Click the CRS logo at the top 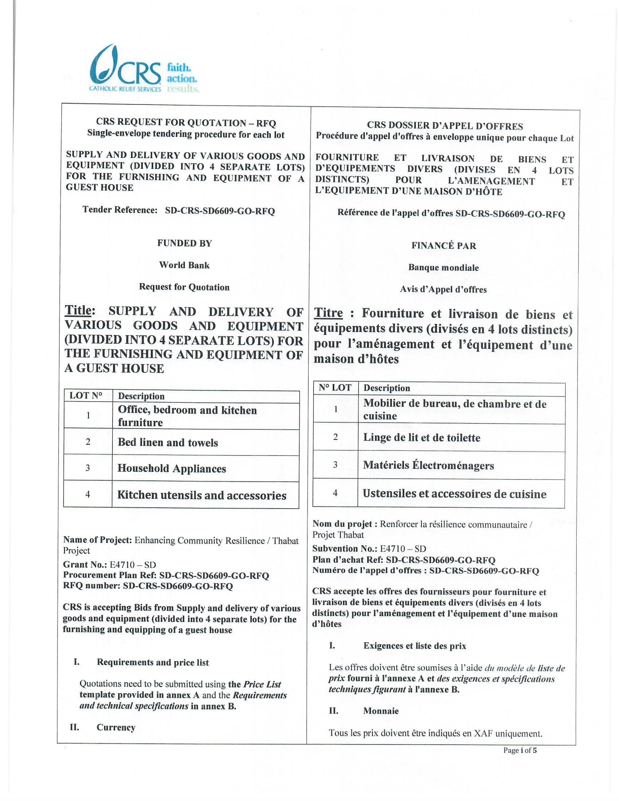pyautogui.click(x=143, y=69)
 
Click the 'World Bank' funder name pyautogui.click(x=184, y=265)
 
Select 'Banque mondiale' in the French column pyautogui.click(x=443, y=268)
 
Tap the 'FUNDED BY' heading pyautogui.click(x=185, y=244)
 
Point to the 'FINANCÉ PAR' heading pyautogui.click(x=444, y=246)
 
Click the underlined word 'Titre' pyautogui.click(x=328, y=313)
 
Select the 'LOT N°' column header pyautogui.click(x=86, y=395)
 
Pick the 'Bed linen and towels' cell pyautogui.click(x=168, y=442)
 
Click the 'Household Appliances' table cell pyautogui.click(x=171, y=468)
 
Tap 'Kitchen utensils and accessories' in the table pyautogui.click(x=202, y=495)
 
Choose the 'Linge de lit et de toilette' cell pyautogui.click(x=422, y=438)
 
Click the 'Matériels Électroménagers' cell pyautogui.click(x=428, y=465)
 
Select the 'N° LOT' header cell pyautogui.click(x=335, y=388)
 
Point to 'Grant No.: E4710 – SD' pyautogui.click(x=109, y=564)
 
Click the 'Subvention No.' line pyautogui.click(x=369, y=549)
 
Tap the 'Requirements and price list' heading pyautogui.click(x=153, y=662)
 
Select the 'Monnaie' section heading pyautogui.click(x=381, y=711)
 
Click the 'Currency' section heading pyautogui.click(x=116, y=727)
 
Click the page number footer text pyautogui.click(x=520, y=750)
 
